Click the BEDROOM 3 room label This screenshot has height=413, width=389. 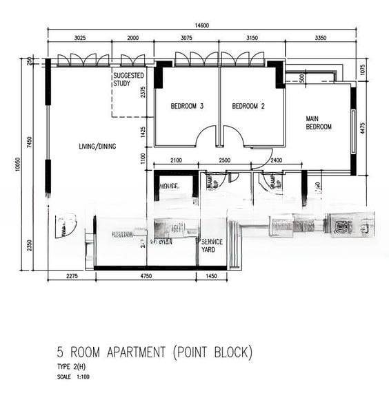click(187, 106)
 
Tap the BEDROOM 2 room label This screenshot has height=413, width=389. click(248, 106)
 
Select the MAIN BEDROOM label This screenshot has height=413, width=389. click(319, 123)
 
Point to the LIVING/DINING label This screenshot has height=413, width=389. click(97, 146)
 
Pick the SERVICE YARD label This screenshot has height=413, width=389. click(210, 246)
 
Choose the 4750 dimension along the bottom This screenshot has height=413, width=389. click(146, 277)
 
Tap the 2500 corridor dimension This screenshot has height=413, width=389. click(224, 160)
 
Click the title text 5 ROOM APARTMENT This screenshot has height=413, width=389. click(112, 353)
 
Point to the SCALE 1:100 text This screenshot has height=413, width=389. click(74, 377)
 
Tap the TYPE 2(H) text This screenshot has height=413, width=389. click(72, 367)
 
